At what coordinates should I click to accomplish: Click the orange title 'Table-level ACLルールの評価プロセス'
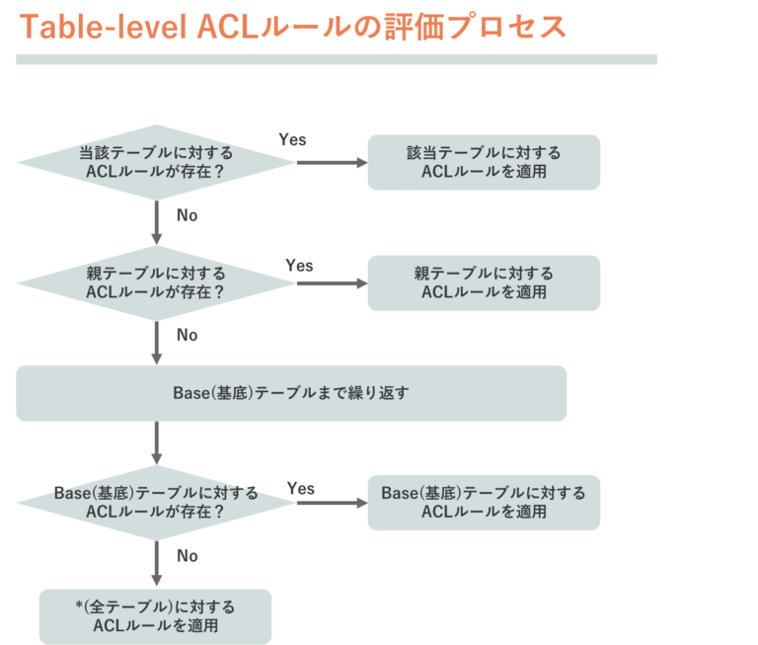tap(293, 27)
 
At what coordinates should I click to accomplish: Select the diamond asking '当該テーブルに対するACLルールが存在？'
tap(156, 162)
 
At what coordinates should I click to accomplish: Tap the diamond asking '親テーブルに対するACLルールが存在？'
tap(156, 282)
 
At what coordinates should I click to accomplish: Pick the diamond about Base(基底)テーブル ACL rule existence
tap(156, 502)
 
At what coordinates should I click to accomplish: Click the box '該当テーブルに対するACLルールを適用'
tap(484, 162)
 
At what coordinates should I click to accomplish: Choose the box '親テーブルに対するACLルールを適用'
tap(484, 282)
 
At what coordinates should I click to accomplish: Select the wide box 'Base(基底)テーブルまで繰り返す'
tap(291, 393)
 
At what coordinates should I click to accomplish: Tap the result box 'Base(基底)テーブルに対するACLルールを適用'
tap(484, 502)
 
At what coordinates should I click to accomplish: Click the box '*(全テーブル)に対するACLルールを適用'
tap(155, 616)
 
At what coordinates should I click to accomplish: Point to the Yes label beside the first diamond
tap(292, 139)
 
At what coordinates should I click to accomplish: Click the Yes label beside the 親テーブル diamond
tap(299, 265)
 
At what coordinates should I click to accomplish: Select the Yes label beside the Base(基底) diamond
tap(300, 488)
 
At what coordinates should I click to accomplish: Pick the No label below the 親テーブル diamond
tap(187, 336)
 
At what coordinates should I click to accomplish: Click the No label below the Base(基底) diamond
tap(187, 556)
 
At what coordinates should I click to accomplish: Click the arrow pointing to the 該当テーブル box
tap(331, 162)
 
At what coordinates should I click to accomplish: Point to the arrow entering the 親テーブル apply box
tap(331, 283)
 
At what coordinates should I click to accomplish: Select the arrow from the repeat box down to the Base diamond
tap(156, 443)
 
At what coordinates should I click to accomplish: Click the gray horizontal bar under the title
tap(337, 59)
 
